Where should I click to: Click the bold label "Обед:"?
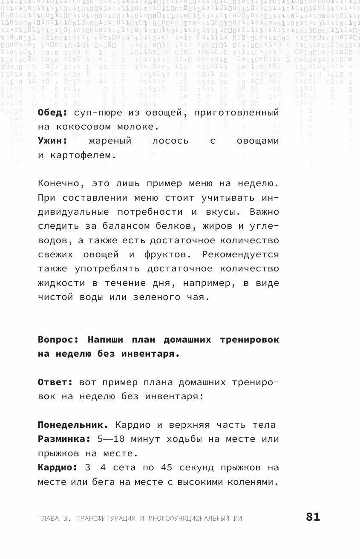52,112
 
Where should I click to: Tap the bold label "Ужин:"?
52,141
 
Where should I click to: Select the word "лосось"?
170,141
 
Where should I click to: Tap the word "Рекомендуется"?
241,255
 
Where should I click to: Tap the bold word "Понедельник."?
73,425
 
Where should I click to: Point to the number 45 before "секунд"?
167,468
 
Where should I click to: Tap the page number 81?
313,517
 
